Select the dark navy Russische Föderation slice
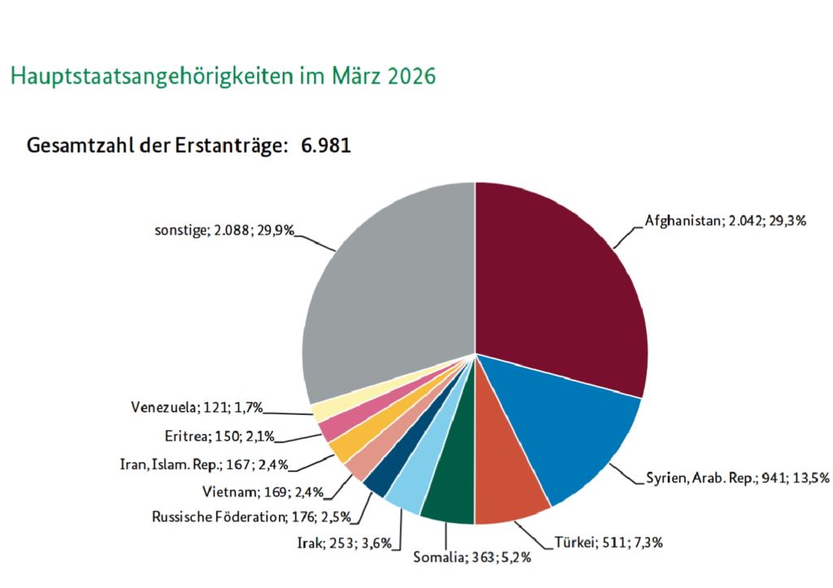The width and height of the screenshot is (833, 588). pyautogui.click(x=380, y=476)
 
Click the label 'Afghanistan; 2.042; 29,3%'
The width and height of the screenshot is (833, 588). pyautogui.click(x=725, y=220)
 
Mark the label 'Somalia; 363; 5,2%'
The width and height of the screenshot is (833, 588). pyautogui.click(x=473, y=557)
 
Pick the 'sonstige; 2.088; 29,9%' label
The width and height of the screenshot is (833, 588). pyautogui.click(x=224, y=230)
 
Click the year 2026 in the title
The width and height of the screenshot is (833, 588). pyautogui.click(x=412, y=76)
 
